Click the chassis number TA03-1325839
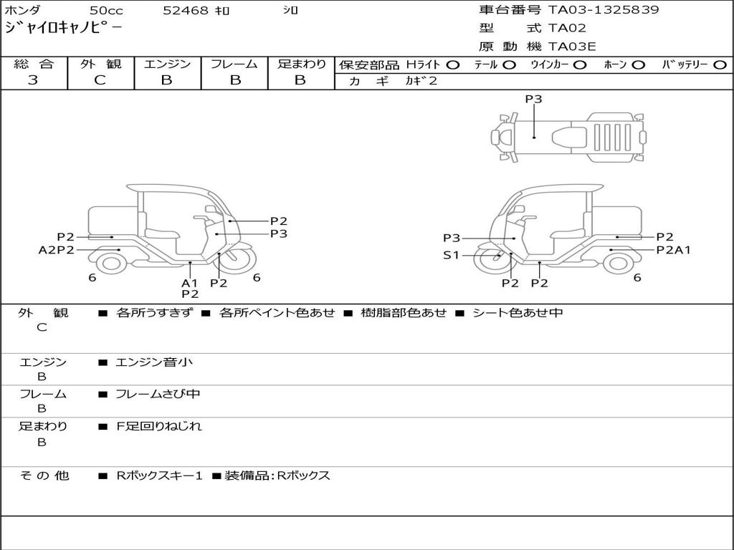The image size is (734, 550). pos(604,10)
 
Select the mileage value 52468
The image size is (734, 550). pos(186,11)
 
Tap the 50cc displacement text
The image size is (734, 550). pos(105,11)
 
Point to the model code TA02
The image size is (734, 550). pos(568,29)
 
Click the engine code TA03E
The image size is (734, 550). pos(572,47)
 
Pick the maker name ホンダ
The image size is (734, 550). pos(22,11)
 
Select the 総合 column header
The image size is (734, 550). pos(34,64)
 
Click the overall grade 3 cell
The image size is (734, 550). pos(33,80)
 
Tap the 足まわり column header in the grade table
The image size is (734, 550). pos(301,64)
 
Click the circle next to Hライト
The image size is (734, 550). pos(452,64)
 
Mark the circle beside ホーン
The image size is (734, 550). pos(639,64)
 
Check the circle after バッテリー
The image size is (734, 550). pos(721,64)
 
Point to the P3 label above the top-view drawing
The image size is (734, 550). pos(533,100)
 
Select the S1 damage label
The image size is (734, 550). pos(452,254)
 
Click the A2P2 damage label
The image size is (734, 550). pos(57,250)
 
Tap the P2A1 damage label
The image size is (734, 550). pos(673,250)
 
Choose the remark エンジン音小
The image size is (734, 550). pos(154,362)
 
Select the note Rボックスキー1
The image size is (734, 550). pos(160,476)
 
